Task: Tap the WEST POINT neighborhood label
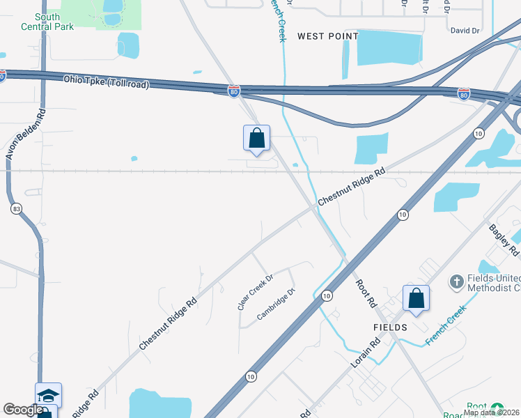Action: [327, 36]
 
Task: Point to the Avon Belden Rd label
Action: [24, 134]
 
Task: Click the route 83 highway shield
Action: [16, 208]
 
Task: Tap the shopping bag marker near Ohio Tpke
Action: [256, 138]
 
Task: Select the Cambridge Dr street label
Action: [277, 304]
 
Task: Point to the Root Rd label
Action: [366, 293]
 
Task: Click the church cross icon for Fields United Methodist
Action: [456, 281]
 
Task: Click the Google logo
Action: [23, 410]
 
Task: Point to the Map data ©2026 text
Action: [491, 412]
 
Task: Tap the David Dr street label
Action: [465, 31]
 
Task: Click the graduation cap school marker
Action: [49, 395]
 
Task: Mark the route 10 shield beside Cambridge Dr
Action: [327, 296]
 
